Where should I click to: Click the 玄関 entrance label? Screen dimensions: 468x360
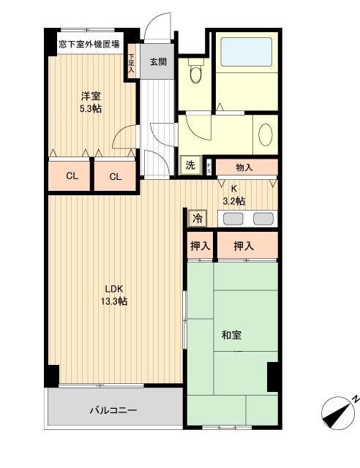tap(159, 61)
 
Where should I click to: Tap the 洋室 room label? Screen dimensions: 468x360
tap(91, 94)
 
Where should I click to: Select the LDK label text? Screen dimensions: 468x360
tap(113, 287)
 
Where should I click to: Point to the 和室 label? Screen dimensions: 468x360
tap(231, 336)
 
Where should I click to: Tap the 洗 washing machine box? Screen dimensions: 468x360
tap(190, 165)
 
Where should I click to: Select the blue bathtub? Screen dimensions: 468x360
tap(246, 52)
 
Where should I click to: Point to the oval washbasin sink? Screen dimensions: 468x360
tap(266, 136)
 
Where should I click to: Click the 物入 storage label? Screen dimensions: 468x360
tap(244, 168)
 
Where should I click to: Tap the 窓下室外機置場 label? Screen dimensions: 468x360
tap(89, 45)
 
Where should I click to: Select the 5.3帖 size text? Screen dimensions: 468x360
tap(91, 109)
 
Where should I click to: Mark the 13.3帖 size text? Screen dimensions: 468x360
tap(113, 301)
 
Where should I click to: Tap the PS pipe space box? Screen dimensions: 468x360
tap(209, 166)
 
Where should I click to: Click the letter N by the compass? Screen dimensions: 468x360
tap(354, 398)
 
